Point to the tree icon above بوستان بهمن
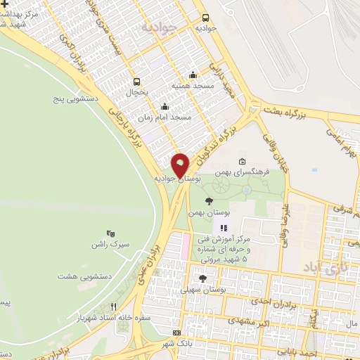pos(208,201)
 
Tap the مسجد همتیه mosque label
pos(193,85)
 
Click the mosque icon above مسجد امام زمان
pos(165,107)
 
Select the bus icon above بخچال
pos(137,81)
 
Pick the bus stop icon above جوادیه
pos(206,18)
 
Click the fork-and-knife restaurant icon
pos(113,307)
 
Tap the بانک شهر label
pos(175,344)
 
